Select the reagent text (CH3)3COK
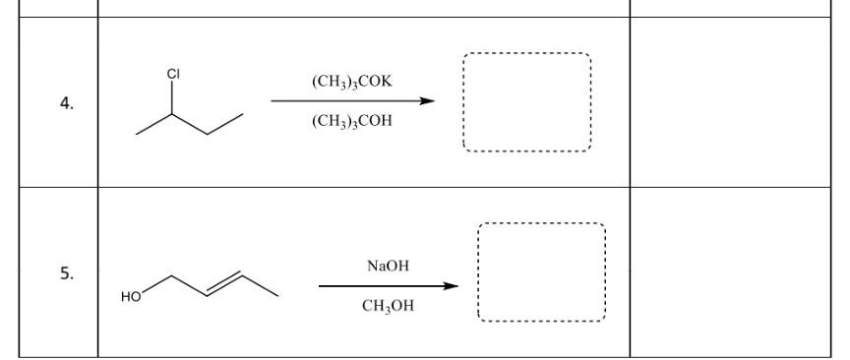[351, 82]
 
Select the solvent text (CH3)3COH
[351, 121]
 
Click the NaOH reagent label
[388, 267]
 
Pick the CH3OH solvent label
[388, 306]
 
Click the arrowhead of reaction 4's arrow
[428, 100]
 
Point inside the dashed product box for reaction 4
[526, 102]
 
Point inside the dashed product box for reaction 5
[541, 272]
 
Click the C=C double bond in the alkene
[227, 284]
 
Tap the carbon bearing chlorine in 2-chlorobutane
[172, 114]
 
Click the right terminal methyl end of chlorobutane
[243, 114]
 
